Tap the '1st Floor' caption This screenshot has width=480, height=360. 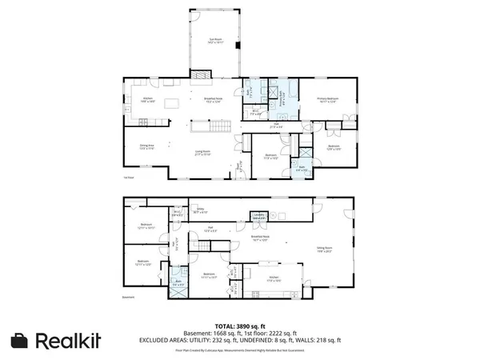coord(127,177)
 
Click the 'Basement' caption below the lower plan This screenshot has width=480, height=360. coord(129,298)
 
